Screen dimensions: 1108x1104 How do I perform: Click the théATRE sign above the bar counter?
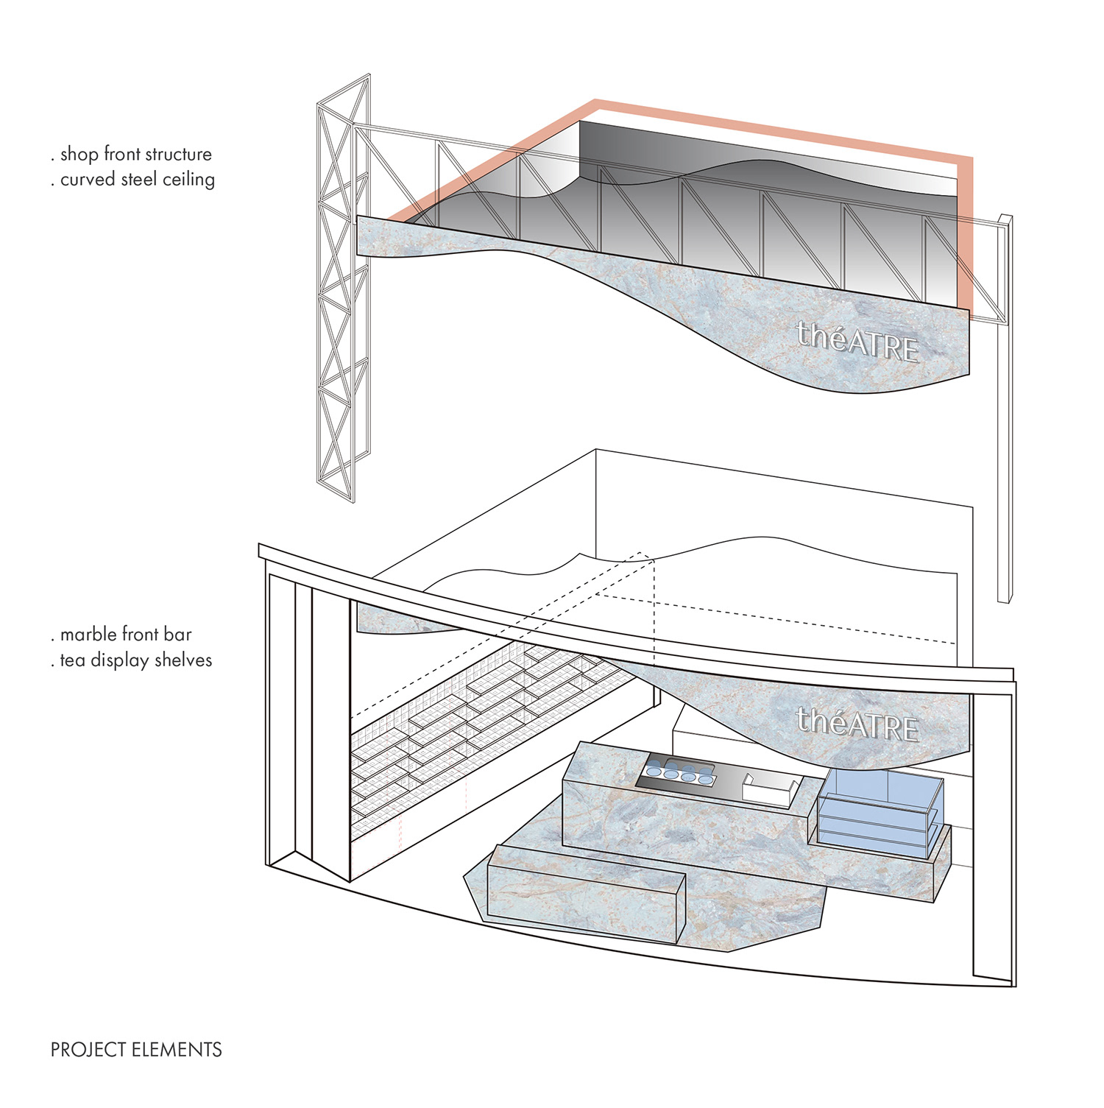point(857,724)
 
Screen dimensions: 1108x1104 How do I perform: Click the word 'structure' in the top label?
point(179,154)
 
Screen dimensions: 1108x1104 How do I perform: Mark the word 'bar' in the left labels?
point(179,635)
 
